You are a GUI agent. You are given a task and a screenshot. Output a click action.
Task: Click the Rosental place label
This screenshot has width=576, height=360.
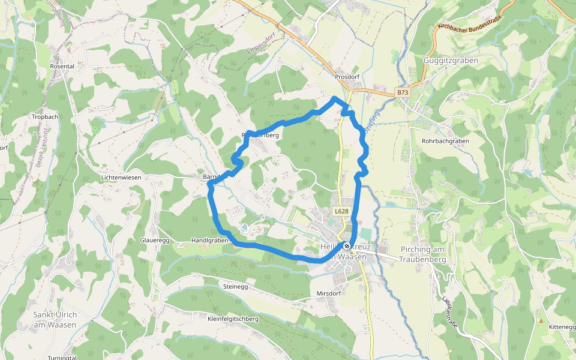[x=62, y=66]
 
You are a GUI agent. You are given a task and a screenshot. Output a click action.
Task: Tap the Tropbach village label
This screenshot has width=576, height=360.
[x=45, y=117]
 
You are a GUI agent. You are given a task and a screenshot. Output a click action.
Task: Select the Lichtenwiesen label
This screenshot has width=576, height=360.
[x=121, y=178]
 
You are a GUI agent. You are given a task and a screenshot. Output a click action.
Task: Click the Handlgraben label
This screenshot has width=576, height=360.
[x=209, y=240]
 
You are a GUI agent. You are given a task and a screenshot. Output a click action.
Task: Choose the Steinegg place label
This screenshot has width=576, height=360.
[x=235, y=287]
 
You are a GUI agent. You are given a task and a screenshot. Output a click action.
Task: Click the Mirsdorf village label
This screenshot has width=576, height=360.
[x=328, y=293]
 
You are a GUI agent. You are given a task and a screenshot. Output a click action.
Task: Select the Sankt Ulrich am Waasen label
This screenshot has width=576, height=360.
[x=55, y=320]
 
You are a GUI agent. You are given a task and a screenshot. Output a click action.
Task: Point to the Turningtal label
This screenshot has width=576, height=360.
[x=62, y=358]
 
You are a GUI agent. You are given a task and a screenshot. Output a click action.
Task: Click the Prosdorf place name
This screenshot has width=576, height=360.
[x=347, y=77]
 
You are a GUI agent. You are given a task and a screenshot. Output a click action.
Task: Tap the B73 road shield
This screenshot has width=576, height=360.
[x=402, y=92]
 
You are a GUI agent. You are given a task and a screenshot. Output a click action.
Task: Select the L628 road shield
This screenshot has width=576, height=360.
[x=341, y=211]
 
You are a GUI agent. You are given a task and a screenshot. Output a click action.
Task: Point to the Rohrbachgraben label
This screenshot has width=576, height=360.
[x=445, y=141]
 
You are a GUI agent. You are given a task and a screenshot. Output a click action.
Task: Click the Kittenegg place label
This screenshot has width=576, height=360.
[x=562, y=326]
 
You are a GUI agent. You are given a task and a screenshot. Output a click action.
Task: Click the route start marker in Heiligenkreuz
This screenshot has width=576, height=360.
[x=347, y=246]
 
